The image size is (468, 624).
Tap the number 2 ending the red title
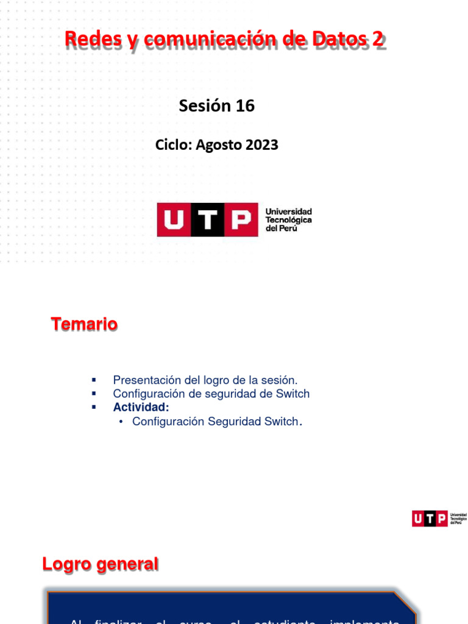[x=378, y=40]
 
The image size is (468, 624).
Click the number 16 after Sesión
[x=245, y=106]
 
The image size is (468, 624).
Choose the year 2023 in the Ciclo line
[x=262, y=145]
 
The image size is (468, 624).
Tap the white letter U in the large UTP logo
[x=174, y=220]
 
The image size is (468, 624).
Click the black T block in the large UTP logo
[x=208, y=220]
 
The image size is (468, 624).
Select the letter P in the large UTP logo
[x=241, y=220]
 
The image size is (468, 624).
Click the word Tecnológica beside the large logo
[x=288, y=219]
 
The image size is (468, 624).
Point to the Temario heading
[x=84, y=324]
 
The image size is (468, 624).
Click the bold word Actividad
[x=141, y=407]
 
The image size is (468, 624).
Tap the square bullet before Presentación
[x=94, y=380]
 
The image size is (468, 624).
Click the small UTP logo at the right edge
[x=439, y=519]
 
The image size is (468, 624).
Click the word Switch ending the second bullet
[x=292, y=394]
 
